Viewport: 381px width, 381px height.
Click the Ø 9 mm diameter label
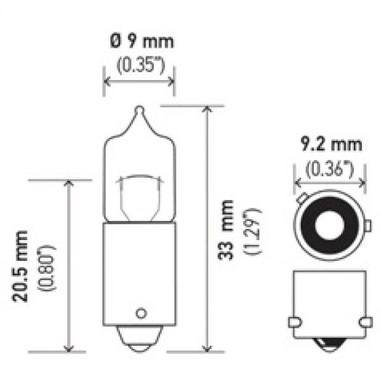[x=142, y=41]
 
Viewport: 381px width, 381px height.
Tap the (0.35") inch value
[x=141, y=65]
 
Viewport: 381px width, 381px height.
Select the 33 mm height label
[x=225, y=230]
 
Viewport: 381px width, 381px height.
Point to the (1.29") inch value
[x=253, y=231]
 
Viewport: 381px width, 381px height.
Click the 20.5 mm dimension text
[x=20, y=267]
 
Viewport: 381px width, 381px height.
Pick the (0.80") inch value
[x=46, y=268]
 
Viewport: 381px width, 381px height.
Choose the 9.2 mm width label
[x=331, y=144]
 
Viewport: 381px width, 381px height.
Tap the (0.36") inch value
[x=330, y=169]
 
